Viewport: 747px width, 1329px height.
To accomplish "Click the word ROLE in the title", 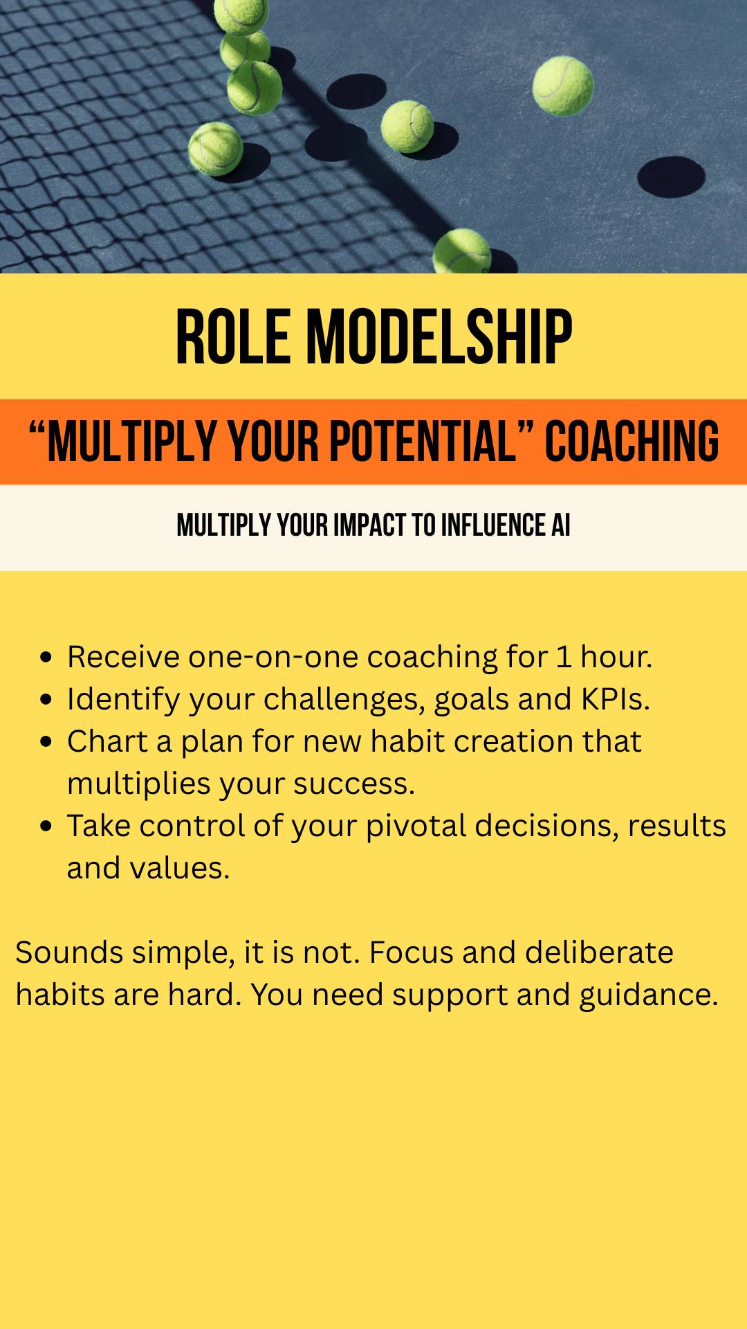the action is click(233, 337).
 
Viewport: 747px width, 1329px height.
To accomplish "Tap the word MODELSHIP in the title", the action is click(439, 337).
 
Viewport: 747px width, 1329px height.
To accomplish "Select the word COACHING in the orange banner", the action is click(632, 441).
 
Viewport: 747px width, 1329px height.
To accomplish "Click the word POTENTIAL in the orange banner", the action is click(423, 441).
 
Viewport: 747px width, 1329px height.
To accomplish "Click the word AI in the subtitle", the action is click(561, 525).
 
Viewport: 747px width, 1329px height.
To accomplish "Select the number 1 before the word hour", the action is click(564, 657).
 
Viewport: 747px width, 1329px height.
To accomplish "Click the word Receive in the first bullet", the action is click(123, 657).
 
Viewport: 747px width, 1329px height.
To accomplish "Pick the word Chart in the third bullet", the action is click(107, 741).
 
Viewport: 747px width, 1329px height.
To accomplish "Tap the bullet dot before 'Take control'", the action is click(46, 826).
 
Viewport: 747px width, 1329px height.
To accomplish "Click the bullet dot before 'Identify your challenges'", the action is click(46, 699).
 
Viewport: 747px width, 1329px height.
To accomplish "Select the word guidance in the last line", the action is click(649, 995).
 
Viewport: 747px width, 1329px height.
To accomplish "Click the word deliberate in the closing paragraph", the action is click(599, 952).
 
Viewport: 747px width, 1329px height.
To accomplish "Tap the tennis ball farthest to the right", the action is click(563, 86).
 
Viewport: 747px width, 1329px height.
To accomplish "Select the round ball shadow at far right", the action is click(671, 177).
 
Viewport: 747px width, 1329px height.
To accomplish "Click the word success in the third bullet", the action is click(353, 784).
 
